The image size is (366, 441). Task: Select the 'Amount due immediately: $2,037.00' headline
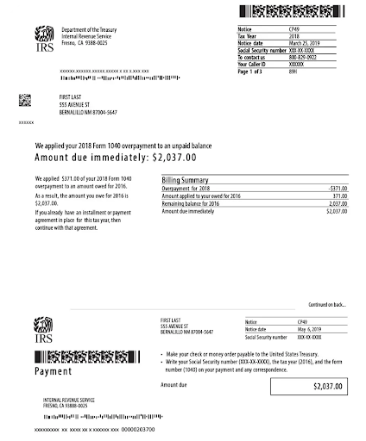tap(116, 158)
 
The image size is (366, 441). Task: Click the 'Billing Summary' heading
tap(186, 179)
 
